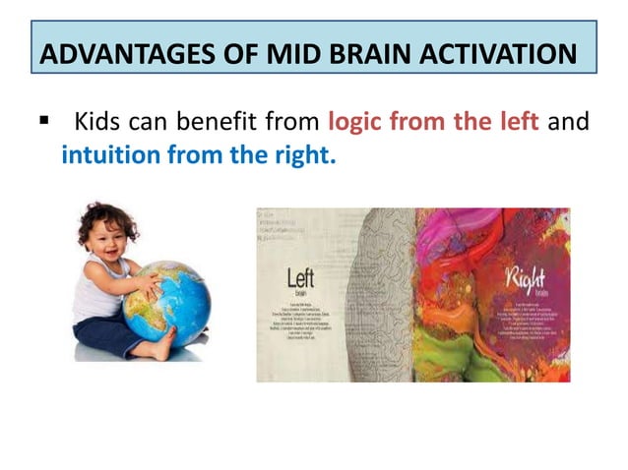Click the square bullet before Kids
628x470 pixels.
(43, 123)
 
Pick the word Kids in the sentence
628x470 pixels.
(98, 123)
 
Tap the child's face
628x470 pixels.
(106, 236)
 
